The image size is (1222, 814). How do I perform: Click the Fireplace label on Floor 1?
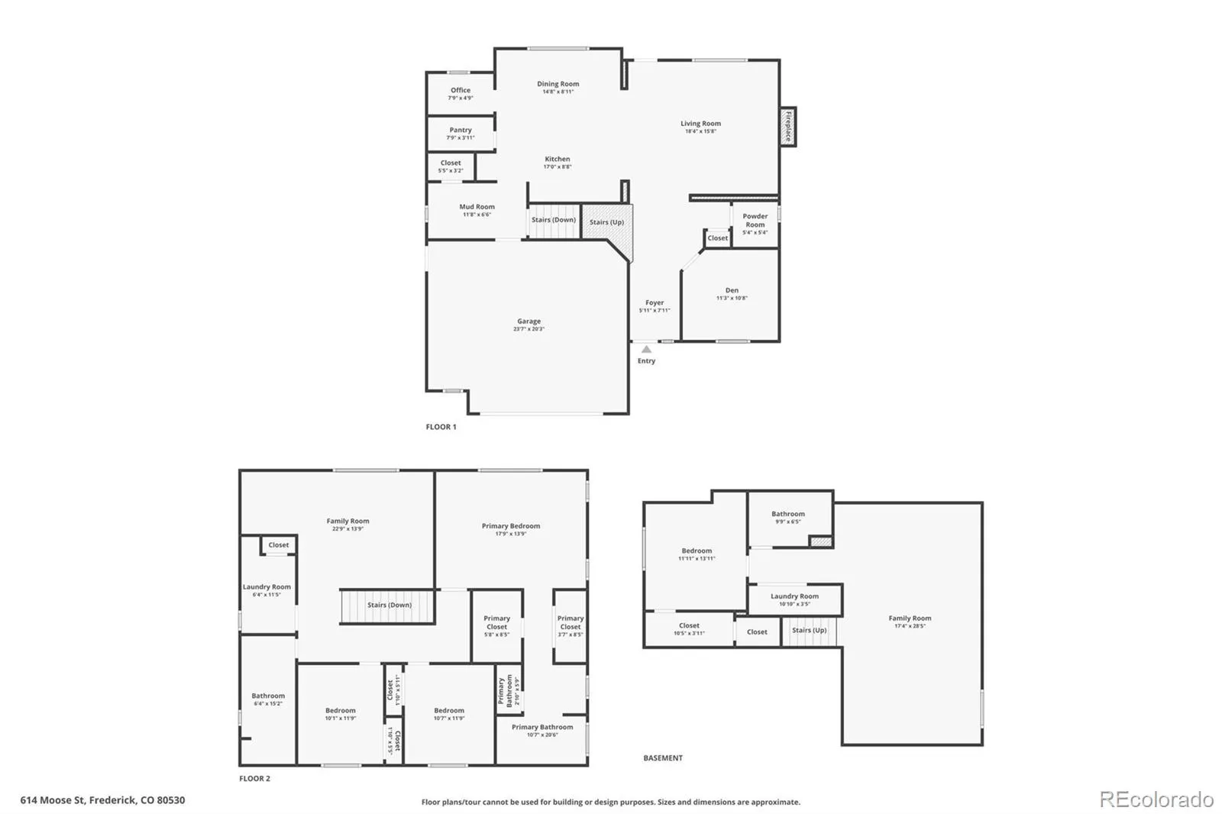coord(787,127)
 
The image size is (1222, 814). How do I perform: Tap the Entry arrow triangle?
coord(646,349)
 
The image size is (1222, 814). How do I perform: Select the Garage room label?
coord(529,321)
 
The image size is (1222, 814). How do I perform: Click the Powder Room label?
coord(755,221)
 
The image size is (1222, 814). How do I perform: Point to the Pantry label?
coord(461,131)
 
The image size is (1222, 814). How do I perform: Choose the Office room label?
coord(461,90)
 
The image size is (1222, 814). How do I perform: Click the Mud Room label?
coord(477,207)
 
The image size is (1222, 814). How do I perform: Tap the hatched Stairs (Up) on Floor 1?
coord(606,222)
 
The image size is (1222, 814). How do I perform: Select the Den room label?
coord(732,290)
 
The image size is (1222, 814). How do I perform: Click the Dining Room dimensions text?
coord(558,92)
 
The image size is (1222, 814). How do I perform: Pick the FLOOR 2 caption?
coord(254,779)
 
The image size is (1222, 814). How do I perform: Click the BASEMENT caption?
coord(663,758)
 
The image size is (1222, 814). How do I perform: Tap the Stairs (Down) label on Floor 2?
coord(390,605)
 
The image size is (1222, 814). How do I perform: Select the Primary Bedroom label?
coord(511,526)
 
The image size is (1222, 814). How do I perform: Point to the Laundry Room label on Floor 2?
coord(267,587)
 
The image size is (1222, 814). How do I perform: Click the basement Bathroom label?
coord(787,514)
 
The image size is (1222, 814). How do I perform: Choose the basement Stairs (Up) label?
coord(809,630)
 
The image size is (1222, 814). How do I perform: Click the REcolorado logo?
coord(1156,799)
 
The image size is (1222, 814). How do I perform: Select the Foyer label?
coord(655,303)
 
